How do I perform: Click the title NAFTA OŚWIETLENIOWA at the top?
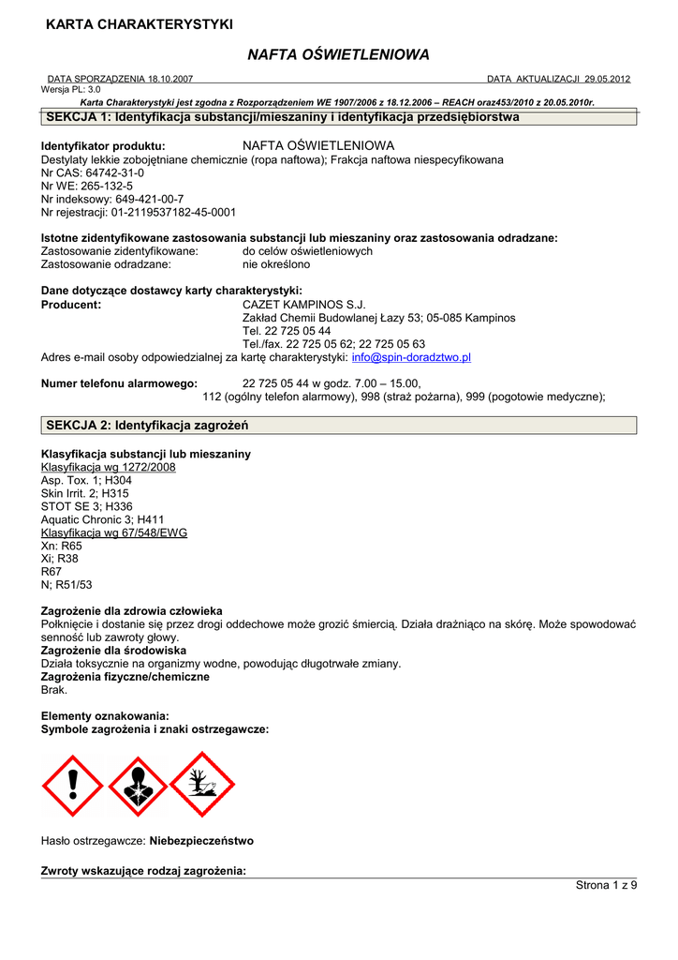[x=339, y=55]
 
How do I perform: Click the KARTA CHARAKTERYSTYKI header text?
[x=140, y=24]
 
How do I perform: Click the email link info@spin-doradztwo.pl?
[x=411, y=357]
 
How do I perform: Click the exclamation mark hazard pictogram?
[x=72, y=786]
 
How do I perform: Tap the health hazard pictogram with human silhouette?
[x=138, y=786]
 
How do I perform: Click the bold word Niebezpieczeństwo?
[x=201, y=841]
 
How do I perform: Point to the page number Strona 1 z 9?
[x=606, y=886]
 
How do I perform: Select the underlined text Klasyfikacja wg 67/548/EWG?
[x=114, y=532]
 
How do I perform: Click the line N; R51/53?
[x=66, y=585]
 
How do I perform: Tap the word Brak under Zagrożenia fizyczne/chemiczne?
[x=54, y=690]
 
